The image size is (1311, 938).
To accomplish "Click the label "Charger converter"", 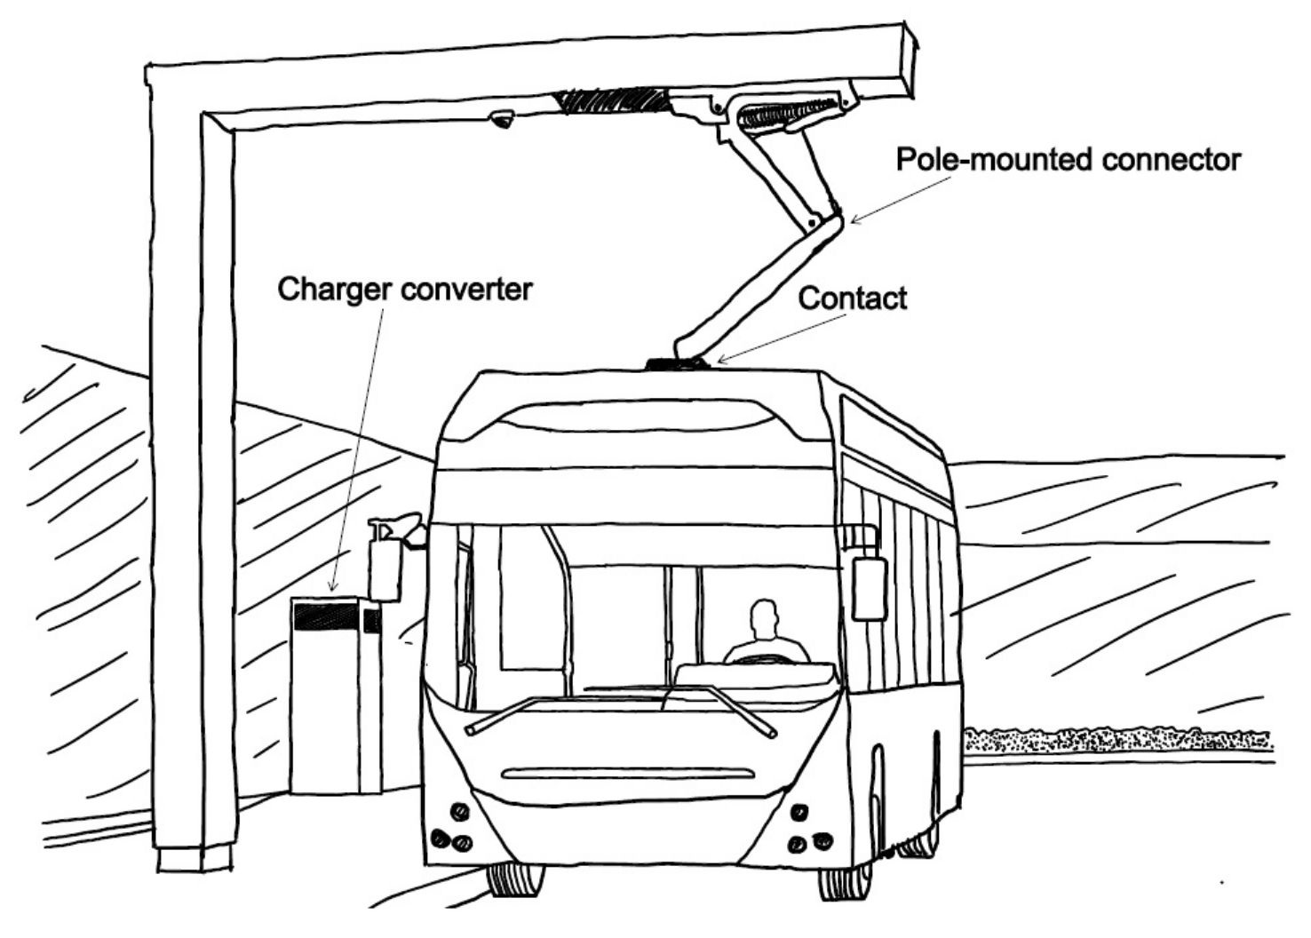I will point(404,290).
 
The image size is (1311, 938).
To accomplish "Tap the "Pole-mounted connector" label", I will point(1068,160).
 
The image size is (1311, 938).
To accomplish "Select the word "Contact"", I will point(852,298).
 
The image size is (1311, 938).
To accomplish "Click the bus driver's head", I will point(764,616).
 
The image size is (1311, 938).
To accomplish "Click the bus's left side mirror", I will point(385,560).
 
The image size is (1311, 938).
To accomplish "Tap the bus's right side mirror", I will point(868,587).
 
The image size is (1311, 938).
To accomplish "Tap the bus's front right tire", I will point(845,882).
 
